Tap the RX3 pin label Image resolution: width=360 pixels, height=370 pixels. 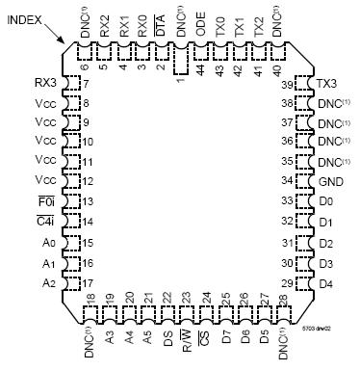coord(42,83)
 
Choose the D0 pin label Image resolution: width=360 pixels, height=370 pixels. coord(325,200)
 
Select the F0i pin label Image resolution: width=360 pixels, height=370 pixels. coord(43,201)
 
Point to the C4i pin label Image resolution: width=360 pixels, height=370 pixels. coord(43,223)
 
